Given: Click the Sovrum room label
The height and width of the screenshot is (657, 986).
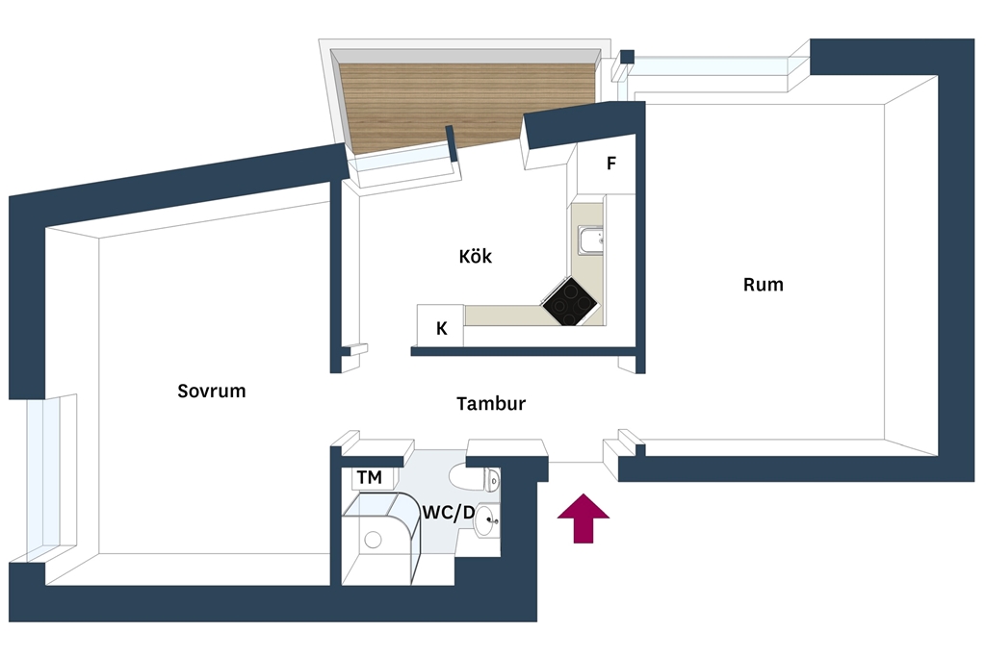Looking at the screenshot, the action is coord(211,391).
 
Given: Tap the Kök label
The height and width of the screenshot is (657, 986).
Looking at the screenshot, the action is coord(475,256).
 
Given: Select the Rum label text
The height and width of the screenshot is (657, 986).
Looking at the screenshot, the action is coord(763,285).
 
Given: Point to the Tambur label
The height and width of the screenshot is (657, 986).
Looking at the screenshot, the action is coord(490,403).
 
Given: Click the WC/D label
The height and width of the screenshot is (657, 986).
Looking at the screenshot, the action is coord(449,513).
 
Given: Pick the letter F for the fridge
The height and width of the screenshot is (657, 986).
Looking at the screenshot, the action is coord(610,164).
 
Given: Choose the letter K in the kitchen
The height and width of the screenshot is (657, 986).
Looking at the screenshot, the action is coord(441,328).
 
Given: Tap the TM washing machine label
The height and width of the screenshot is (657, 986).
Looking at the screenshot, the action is coord(369,477).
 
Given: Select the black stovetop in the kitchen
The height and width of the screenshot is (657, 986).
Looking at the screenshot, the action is coord(570,301).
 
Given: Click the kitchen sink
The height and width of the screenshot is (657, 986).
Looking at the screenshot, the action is coord(590,241).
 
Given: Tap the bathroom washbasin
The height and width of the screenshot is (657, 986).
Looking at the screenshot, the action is coord(486,521).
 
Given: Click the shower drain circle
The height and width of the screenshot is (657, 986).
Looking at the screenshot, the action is coord(373,540).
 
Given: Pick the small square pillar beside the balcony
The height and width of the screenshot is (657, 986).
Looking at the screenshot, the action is coord(627,57).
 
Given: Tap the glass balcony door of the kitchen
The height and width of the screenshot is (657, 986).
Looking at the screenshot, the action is coord(402,162).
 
